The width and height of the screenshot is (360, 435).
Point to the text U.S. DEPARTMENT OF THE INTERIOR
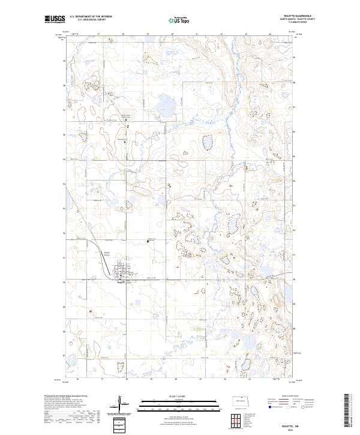91,17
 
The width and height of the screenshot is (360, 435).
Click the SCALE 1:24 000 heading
179,394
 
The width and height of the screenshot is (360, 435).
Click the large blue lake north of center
161,109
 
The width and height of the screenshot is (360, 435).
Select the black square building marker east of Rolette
148,241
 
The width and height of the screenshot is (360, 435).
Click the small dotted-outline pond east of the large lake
208,142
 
